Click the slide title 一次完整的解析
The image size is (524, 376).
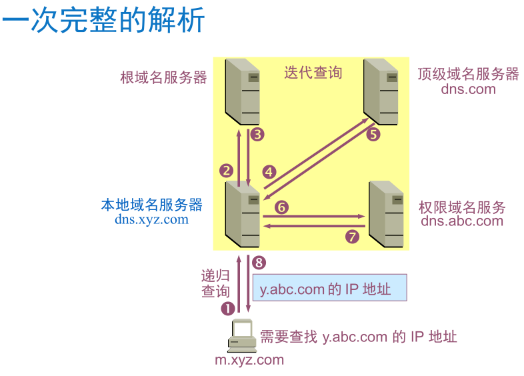(103, 22)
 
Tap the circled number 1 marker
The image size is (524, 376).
(228, 308)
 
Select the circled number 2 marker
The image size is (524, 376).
(227, 170)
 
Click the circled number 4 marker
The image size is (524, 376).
(269, 172)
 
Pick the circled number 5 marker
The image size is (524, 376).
(373, 135)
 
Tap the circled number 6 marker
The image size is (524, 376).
(282, 207)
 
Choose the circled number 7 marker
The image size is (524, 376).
(353, 236)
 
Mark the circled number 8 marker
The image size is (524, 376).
(259, 263)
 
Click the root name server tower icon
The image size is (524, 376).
(242, 91)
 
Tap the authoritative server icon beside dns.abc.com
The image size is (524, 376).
(387, 214)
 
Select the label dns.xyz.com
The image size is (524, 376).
(151, 219)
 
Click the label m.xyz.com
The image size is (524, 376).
(249, 360)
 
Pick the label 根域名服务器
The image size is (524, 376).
(163, 77)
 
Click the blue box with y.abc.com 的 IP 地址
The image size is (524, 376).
(329, 289)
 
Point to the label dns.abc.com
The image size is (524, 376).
(462, 221)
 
